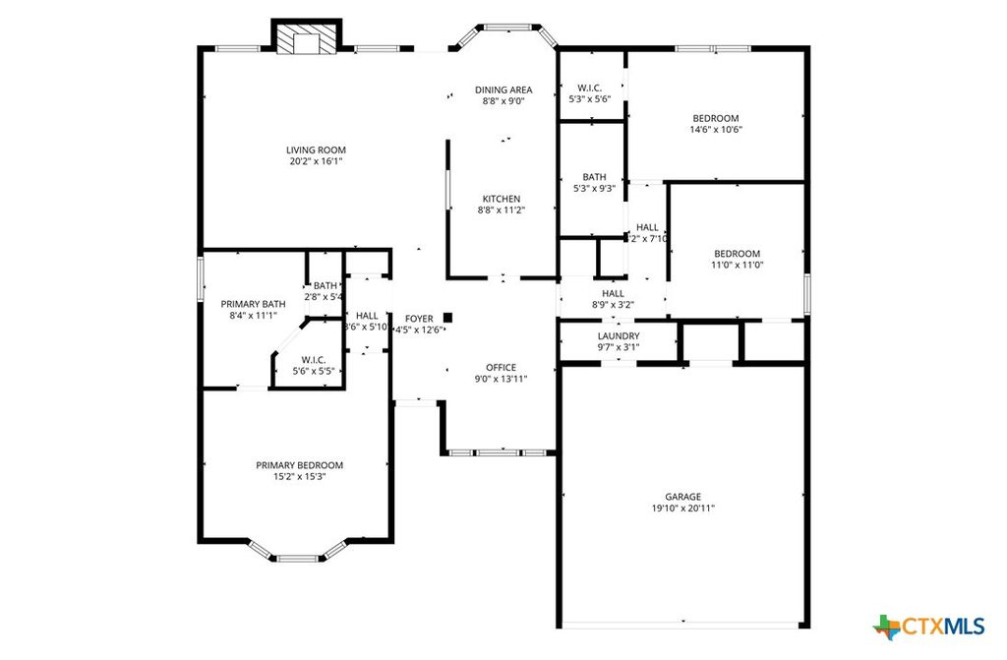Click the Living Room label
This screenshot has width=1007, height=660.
pos(314,150)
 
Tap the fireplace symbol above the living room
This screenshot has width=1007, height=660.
pos(307,39)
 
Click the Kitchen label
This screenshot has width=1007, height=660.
pos(501,199)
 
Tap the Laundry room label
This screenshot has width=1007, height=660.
pos(619,335)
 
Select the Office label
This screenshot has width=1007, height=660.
pos(501,368)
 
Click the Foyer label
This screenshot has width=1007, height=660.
pos(419,319)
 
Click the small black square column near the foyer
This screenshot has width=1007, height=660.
pos(447,317)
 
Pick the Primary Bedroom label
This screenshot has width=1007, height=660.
pos(299,465)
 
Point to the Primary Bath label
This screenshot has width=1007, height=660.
pos(253,304)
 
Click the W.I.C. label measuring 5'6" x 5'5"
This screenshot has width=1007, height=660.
pos(313,360)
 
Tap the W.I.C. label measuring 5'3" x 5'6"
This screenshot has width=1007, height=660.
pos(590,88)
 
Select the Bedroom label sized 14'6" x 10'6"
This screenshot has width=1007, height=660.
pos(715,118)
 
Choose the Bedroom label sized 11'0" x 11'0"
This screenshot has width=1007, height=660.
pos(737,253)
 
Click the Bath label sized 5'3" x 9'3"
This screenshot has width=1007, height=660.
pos(593,177)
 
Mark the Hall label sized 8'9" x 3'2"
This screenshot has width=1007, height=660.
pos(613,293)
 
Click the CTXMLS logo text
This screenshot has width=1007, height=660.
pos(944,626)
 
